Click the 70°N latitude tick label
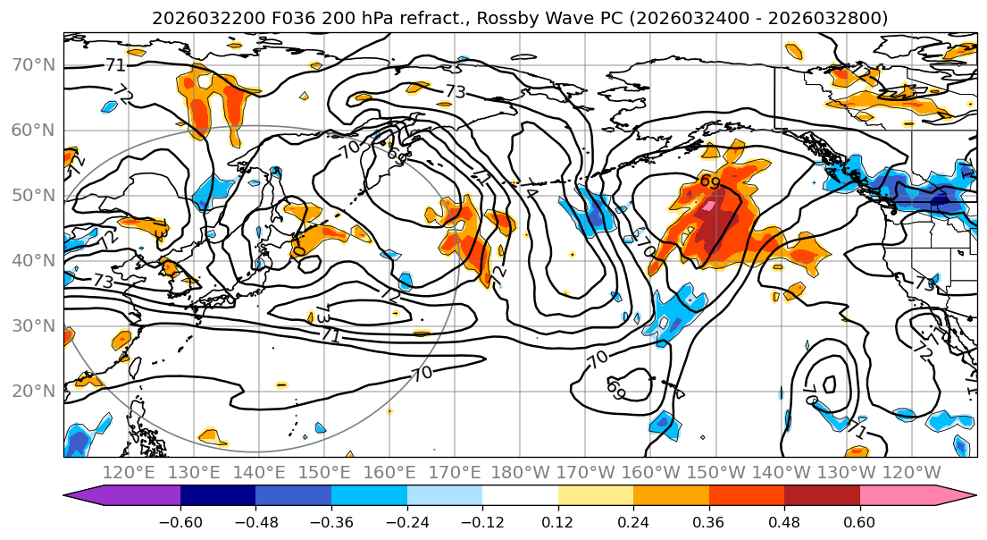coord(33,64)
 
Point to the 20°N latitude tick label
coord(33,391)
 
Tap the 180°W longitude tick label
coord(521,472)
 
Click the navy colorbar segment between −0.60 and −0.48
coord(217,497)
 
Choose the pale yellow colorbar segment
coord(595,497)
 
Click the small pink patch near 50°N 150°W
coord(709,207)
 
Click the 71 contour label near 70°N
coord(115,65)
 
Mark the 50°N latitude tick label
coord(33,195)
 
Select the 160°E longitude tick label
coord(389,472)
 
